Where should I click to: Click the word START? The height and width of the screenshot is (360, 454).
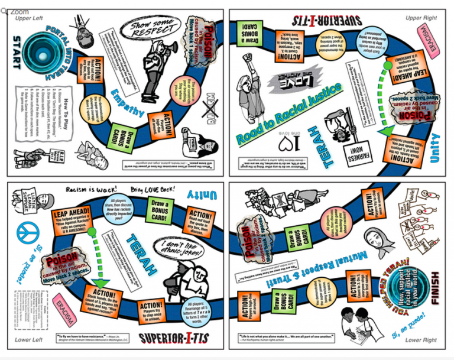16,54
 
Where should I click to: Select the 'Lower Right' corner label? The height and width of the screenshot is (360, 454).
421,340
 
